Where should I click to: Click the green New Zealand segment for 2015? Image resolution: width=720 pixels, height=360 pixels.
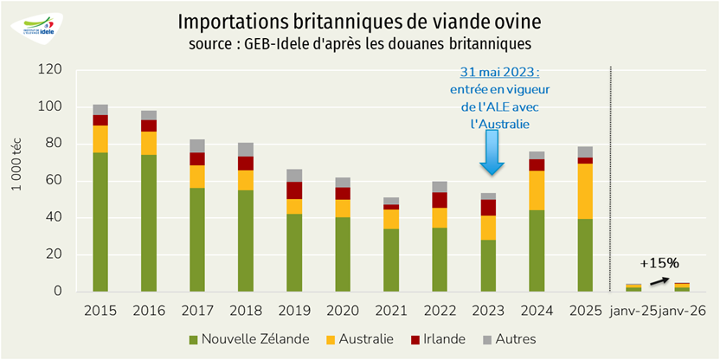[100, 222]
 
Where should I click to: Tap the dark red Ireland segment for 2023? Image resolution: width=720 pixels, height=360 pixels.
[489, 208]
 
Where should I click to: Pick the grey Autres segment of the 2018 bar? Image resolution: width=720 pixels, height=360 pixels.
[246, 149]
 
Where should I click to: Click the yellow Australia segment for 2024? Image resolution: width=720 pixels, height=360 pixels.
[537, 190]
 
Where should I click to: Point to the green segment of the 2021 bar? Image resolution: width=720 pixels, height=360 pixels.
[392, 260]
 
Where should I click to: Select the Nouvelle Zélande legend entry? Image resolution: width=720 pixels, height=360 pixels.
[250, 338]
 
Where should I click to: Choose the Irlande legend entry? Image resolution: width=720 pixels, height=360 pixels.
[442, 338]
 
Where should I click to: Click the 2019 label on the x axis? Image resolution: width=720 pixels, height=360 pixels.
[294, 310]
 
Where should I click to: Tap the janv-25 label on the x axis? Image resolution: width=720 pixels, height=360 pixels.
[635, 310]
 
